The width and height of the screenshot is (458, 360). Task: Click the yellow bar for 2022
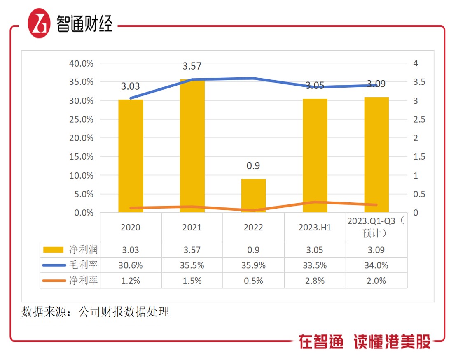point(253,195)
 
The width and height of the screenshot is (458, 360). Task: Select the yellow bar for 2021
point(192,146)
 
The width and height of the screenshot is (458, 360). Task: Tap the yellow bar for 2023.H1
point(315,156)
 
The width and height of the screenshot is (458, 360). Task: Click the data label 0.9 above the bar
point(253,166)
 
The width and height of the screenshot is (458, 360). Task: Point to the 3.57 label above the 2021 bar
point(192,66)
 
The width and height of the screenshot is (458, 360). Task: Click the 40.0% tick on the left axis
point(82,63)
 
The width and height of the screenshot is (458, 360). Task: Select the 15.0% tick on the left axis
point(82,157)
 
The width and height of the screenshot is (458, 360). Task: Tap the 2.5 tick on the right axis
point(419,119)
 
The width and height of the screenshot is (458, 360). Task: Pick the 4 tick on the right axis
point(416,63)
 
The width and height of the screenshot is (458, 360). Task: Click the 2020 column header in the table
point(131,228)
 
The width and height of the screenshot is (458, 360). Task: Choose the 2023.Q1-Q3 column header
point(376,227)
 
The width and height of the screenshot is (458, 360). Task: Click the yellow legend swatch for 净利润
point(54,250)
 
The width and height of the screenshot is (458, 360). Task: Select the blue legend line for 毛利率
point(54,265)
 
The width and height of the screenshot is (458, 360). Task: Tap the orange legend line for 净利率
point(54,281)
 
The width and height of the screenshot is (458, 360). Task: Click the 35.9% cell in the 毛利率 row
point(253,265)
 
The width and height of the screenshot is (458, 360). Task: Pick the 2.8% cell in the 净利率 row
point(315,281)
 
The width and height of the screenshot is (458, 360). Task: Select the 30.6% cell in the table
point(131,265)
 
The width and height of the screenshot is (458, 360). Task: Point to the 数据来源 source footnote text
point(95,312)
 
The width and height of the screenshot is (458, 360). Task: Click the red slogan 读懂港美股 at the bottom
point(392,342)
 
